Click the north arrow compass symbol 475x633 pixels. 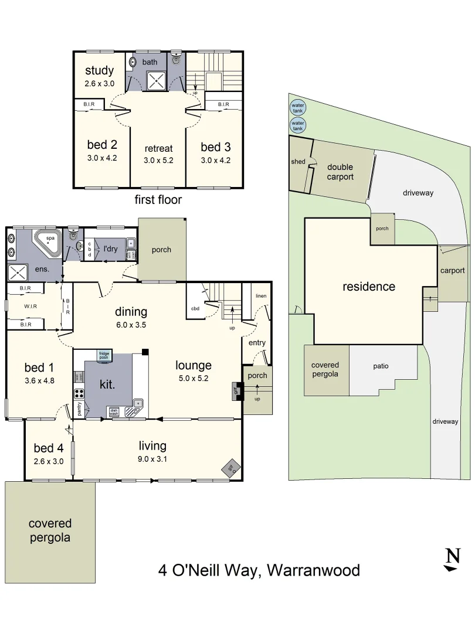[452, 559]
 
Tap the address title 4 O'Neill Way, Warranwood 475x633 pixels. [259, 570]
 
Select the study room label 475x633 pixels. [99, 71]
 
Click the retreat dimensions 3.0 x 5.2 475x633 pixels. [158, 159]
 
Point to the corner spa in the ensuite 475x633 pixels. [47, 243]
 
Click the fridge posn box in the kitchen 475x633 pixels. [104, 355]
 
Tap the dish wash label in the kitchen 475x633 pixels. [113, 411]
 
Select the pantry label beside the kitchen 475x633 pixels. [79, 409]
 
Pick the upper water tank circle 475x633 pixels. [298, 107]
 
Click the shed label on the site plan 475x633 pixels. [298, 162]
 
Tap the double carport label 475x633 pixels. [340, 172]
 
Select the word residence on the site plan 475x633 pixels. [369, 287]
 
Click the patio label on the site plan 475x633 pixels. [381, 366]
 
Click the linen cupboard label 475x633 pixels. [260, 296]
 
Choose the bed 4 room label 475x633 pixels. [48, 448]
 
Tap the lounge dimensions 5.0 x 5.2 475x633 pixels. [193, 379]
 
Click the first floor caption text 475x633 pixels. [158, 200]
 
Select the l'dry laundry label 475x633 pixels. [110, 249]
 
